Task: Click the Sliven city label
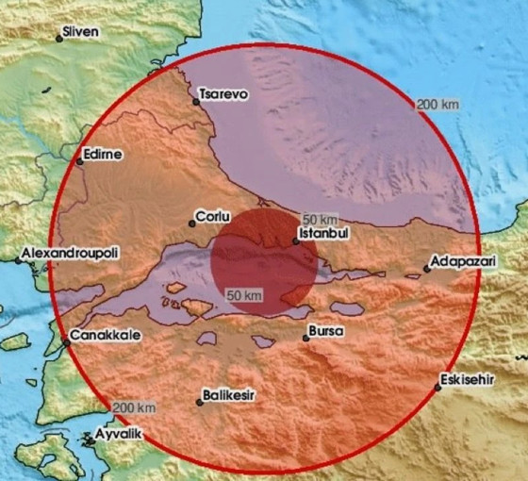(80, 32)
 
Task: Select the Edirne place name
(103, 155)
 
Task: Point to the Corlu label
(213, 216)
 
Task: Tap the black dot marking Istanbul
(295, 240)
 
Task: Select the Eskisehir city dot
(438, 388)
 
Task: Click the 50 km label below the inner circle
(243, 296)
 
